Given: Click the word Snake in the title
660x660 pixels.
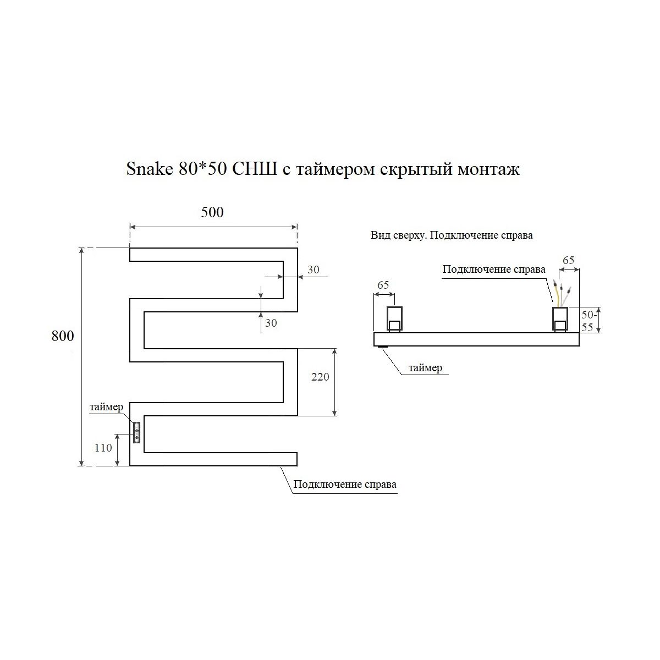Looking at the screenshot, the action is (150, 169).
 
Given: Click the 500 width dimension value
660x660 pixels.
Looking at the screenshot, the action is (212, 212).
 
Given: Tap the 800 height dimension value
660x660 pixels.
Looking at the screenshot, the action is (63, 336).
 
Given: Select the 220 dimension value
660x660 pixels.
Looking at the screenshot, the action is (320, 377).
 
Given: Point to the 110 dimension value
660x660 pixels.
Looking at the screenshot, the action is (103, 448).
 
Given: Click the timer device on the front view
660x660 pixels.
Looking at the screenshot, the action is (136, 433).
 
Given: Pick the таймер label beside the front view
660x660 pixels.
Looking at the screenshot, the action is (106, 407).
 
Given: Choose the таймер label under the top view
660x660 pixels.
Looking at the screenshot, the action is (425, 368).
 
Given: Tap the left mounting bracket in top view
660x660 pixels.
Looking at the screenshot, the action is (394, 319).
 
